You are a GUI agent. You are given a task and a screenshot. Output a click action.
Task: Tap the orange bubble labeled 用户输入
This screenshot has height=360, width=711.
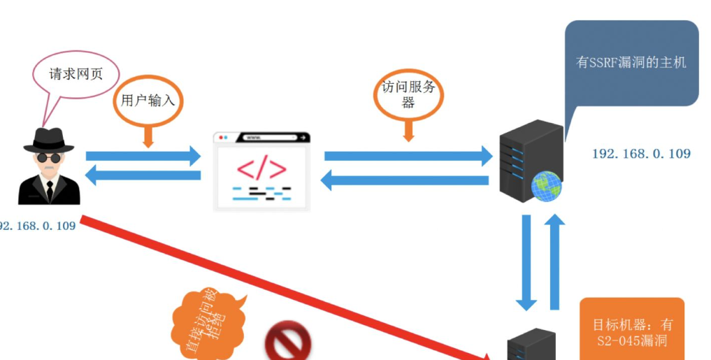click(x=148, y=100)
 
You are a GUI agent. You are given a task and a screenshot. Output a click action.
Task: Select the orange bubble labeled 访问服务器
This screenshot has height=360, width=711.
click(x=408, y=94)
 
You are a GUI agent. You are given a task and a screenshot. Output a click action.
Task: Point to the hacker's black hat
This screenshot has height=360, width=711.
click(x=48, y=139)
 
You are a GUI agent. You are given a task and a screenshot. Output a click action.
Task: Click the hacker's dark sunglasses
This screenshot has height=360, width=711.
click(x=48, y=158)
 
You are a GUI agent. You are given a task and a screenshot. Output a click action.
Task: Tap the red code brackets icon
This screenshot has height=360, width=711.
click(x=261, y=170)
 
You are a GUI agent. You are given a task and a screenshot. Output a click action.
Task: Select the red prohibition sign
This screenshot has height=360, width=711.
click(x=287, y=343)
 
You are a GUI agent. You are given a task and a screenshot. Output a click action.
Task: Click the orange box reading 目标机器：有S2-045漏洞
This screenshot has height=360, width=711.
click(x=631, y=332)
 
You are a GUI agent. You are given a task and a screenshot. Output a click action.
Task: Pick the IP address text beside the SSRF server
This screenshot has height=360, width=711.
click(x=640, y=153)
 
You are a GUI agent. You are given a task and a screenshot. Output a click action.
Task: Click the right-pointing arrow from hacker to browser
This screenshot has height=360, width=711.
click(x=143, y=155)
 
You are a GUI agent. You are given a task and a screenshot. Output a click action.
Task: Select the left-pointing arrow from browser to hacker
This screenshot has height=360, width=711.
click(x=143, y=175)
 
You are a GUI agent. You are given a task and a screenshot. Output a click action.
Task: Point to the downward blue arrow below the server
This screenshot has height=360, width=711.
click(x=526, y=262)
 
